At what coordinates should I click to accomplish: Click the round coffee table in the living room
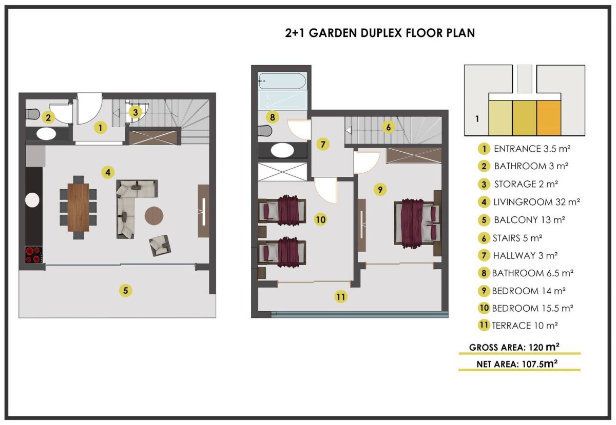[154, 216]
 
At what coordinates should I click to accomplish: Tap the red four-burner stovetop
[34, 255]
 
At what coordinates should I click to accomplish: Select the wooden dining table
[79, 208]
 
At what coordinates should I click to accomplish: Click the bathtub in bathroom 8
[282, 81]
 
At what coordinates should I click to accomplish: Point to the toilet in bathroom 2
[32, 114]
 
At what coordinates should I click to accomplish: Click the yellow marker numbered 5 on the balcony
[125, 290]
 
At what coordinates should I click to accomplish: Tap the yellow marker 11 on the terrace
[340, 297]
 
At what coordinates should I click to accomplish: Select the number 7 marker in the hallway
[323, 144]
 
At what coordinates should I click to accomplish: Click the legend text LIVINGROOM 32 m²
[536, 202]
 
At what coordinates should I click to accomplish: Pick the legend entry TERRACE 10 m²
[525, 326]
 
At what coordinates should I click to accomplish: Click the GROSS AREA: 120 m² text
[514, 347]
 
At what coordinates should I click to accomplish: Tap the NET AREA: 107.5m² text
[517, 363]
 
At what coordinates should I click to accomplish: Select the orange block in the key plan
[549, 118]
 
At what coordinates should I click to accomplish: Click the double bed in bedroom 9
[417, 224]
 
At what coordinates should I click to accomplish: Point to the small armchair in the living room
[160, 246]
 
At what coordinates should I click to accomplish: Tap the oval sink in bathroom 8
[282, 150]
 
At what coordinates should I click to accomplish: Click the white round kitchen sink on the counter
[32, 200]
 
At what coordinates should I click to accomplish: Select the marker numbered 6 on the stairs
[388, 127]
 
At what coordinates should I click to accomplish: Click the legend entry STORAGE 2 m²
[526, 184]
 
